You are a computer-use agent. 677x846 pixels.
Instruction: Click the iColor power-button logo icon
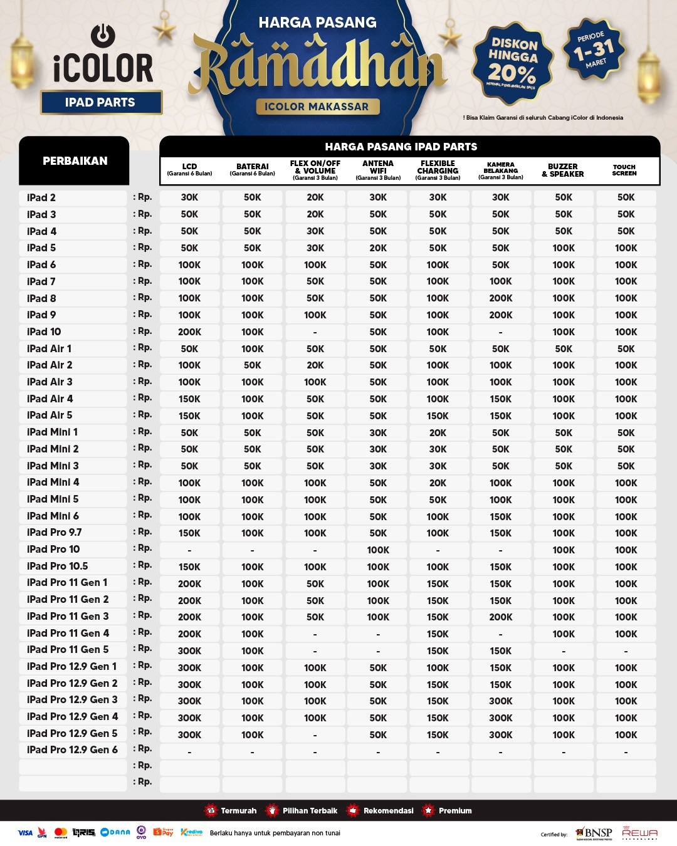(103, 36)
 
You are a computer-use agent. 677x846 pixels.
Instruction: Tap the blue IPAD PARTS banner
(101, 102)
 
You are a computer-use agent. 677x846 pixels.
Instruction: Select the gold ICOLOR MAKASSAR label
(317, 107)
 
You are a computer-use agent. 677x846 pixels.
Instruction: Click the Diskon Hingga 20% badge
(513, 63)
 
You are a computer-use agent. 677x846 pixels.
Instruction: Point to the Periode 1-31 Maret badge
(595, 50)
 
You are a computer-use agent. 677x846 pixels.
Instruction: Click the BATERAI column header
(252, 170)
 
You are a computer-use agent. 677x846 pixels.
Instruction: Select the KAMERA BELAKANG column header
(500, 170)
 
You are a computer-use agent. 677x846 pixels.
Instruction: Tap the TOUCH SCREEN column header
(624, 170)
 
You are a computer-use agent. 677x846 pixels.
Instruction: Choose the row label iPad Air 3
(50, 382)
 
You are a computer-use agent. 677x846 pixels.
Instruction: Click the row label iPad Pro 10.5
(57, 566)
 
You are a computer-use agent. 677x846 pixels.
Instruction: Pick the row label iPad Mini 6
(53, 516)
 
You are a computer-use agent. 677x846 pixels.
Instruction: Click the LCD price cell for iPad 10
(189, 332)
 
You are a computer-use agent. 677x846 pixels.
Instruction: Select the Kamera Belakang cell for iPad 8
(500, 298)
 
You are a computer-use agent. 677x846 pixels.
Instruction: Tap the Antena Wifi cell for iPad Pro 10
(378, 550)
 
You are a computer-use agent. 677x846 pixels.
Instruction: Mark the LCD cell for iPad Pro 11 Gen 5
(189, 650)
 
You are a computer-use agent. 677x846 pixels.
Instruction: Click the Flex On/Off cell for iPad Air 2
(315, 365)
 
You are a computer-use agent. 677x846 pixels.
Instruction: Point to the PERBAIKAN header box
(75, 161)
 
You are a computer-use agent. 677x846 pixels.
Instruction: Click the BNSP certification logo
(594, 833)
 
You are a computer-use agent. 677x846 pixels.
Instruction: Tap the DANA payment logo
(116, 832)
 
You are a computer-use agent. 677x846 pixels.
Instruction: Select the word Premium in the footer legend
(455, 810)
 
